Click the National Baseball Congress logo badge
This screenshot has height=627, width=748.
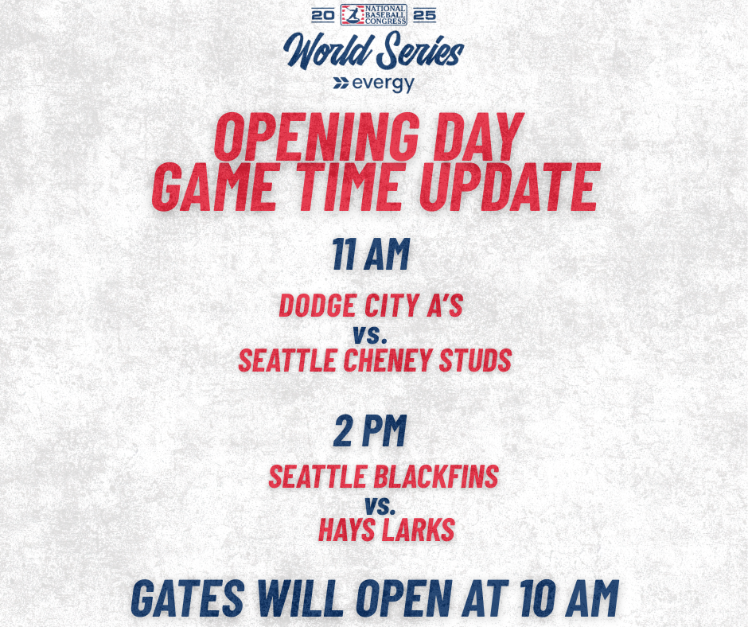point(373,15)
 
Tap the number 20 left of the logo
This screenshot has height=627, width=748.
point(323,15)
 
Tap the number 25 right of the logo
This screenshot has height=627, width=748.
point(425,15)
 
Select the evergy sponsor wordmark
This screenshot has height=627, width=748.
point(373,84)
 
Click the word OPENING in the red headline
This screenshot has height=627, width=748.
point(316,138)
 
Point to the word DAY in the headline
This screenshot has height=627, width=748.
point(478,138)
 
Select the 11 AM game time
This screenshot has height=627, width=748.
point(371,255)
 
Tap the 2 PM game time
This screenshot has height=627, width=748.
point(370,431)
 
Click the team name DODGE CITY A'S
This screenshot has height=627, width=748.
point(371,306)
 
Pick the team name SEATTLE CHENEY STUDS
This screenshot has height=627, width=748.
point(375,360)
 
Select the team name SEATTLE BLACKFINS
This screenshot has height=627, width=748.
point(384,476)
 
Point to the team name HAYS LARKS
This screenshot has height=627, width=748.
point(387,530)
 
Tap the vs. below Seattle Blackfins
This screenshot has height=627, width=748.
point(380,505)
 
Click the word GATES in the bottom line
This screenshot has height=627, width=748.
point(188,598)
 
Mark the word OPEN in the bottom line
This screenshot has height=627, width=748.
point(404,598)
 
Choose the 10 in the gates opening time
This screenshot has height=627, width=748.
point(538,598)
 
